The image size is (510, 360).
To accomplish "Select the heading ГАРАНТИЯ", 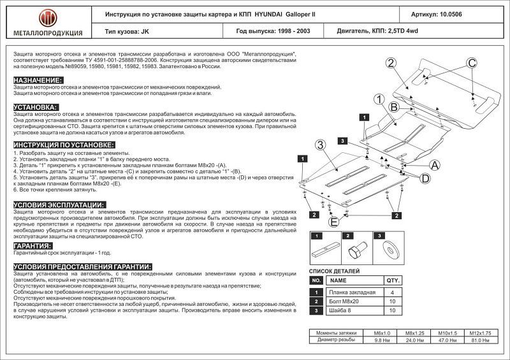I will (x=33, y=245).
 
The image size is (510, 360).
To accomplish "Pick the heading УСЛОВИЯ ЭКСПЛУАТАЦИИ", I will (x=59, y=205).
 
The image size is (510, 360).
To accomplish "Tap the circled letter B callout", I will (x=393, y=106).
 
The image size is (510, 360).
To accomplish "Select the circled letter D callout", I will (x=424, y=179).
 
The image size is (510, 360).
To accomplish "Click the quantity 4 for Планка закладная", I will (x=392, y=292).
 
